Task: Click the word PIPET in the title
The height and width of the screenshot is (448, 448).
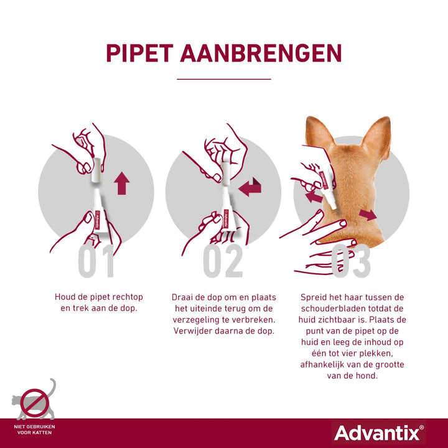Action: (140, 53)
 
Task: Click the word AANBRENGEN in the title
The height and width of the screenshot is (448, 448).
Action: (261, 53)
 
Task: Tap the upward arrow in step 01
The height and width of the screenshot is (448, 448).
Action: (122, 184)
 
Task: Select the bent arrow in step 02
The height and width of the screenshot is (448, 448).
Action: (250, 187)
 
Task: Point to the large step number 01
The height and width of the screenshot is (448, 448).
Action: (96, 261)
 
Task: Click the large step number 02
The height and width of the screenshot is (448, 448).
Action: (223, 261)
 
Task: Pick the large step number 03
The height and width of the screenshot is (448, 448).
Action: (350, 261)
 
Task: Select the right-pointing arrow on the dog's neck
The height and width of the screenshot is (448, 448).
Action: (368, 215)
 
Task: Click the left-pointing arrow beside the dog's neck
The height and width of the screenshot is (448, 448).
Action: (314, 197)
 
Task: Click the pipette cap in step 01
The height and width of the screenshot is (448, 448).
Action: (96, 170)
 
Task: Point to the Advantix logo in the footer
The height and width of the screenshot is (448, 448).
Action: (379, 433)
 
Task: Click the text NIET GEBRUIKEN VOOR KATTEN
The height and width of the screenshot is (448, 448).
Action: (35, 429)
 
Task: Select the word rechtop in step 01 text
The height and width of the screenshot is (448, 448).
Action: (128, 297)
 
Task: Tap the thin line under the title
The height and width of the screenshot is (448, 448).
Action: (224, 79)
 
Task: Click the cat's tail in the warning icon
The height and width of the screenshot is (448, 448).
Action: (52, 388)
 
